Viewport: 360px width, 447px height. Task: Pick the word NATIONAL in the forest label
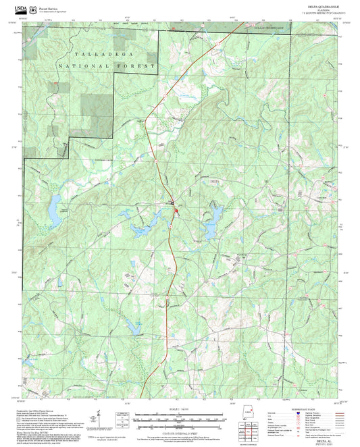point(84,66)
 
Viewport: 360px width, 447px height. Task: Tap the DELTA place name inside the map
point(215,182)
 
